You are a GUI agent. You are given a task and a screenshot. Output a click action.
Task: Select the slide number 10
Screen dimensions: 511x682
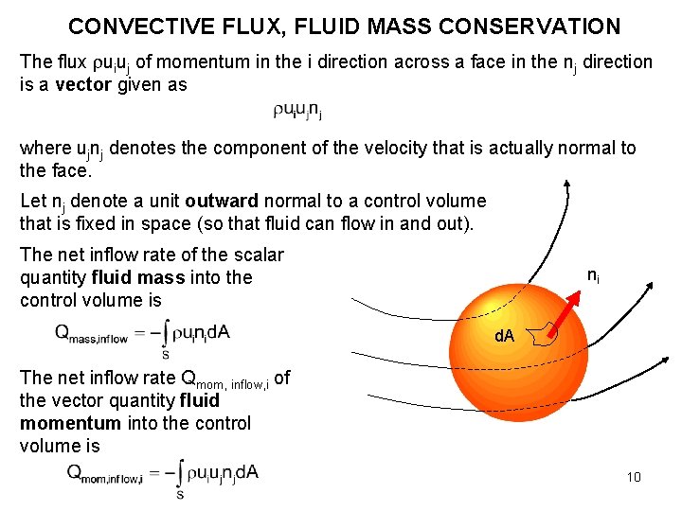tap(634, 476)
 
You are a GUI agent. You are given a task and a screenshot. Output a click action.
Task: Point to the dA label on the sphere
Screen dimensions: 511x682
tap(504, 337)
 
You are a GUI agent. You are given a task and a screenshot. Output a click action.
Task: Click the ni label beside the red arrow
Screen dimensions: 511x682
tap(593, 276)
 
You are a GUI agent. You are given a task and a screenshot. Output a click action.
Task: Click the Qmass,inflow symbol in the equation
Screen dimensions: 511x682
tap(93, 333)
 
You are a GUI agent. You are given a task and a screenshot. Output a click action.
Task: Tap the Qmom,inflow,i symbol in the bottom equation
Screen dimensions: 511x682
tap(105, 473)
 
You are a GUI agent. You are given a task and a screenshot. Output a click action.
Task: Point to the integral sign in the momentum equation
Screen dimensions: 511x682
tap(180, 476)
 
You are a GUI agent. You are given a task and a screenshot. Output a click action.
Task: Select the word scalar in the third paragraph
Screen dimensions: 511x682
tap(260, 254)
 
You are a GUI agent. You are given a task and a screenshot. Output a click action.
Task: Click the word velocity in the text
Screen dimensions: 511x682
tap(413, 149)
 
